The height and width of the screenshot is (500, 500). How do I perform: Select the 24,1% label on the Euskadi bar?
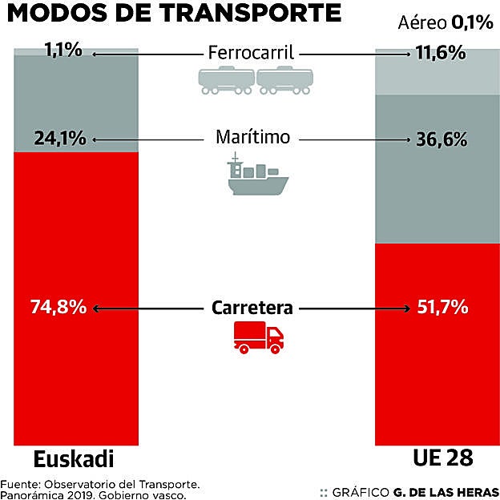point(60,139)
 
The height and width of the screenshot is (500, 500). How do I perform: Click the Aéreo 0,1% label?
point(445,22)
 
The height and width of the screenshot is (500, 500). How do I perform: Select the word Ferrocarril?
point(251,54)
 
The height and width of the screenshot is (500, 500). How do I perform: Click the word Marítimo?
point(251,136)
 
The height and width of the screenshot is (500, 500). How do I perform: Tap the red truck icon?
point(258,338)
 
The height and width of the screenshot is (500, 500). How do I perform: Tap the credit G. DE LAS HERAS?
point(446,490)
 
